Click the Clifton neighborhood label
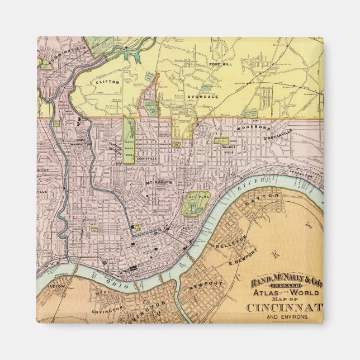108,82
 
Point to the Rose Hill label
220,64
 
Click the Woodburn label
249,129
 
